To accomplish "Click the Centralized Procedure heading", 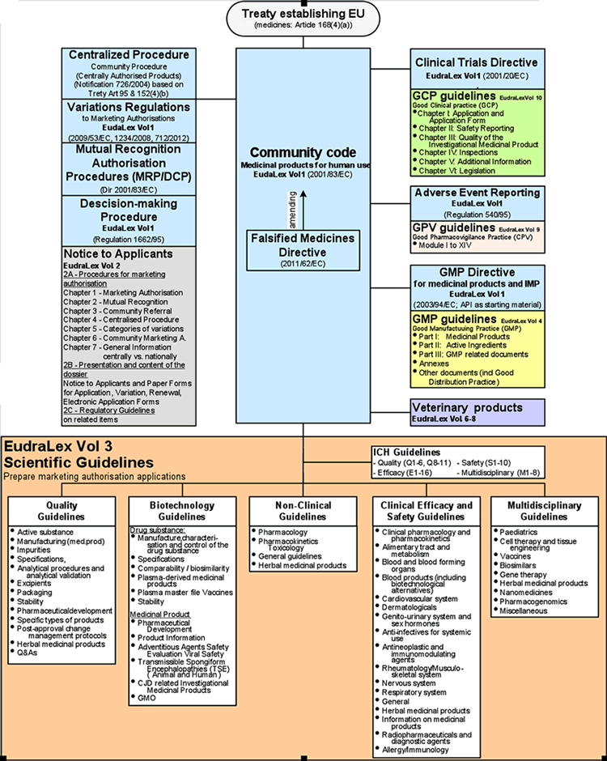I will pos(129,55).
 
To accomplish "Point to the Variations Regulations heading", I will pos(129,107).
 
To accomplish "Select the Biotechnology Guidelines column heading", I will pos(181,511).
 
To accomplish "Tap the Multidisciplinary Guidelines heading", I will pos(543,511).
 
